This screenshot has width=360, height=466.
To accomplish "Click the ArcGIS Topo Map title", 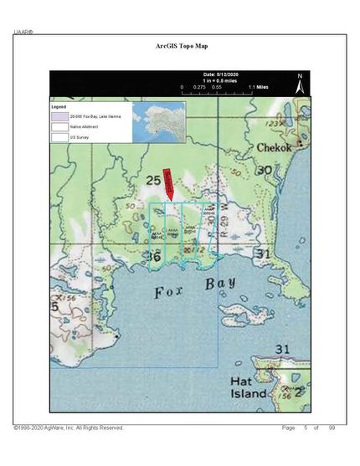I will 180,49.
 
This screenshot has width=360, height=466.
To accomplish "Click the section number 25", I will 152,181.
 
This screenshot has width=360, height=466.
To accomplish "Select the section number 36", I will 154,258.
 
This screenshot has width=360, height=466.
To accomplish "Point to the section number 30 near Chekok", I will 265,170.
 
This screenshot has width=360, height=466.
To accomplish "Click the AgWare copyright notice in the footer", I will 69,428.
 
